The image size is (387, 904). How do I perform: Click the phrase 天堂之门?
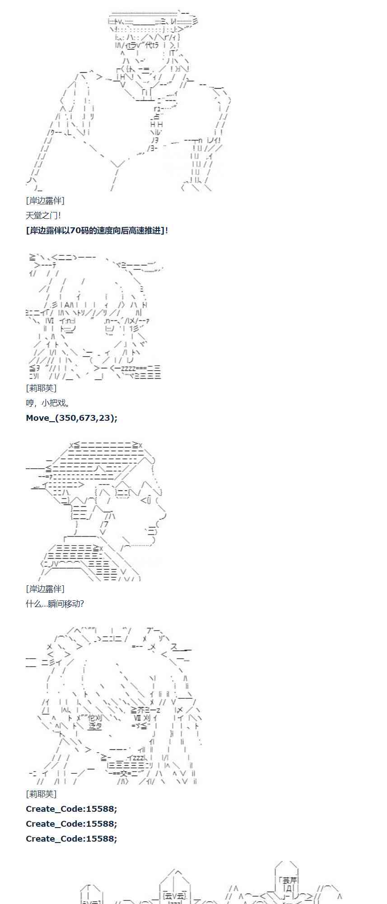[43, 216]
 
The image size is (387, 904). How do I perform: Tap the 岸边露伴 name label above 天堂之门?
[45, 201]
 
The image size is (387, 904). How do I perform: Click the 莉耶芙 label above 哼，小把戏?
[41, 388]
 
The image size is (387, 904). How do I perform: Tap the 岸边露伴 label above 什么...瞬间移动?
[45, 589]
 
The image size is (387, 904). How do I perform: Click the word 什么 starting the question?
[33, 604]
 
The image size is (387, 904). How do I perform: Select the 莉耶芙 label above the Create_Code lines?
[41, 794]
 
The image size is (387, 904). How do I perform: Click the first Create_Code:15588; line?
[71, 809]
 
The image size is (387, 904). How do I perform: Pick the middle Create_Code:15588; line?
[71, 824]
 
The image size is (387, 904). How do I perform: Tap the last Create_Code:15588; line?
[71, 839]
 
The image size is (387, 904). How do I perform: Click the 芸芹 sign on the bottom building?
[289, 880]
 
